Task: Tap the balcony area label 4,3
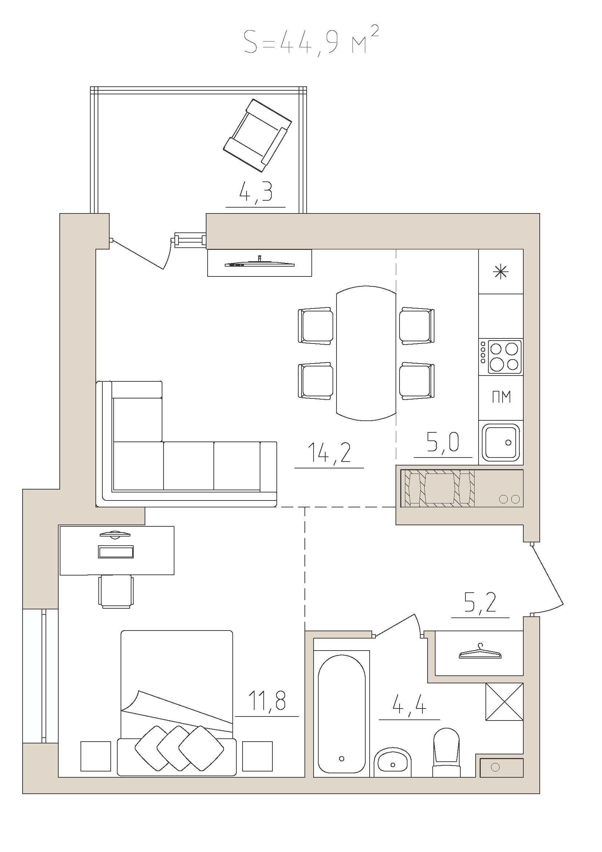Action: coord(256,192)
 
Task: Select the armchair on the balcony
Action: coord(257,135)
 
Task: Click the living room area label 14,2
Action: coord(329,453)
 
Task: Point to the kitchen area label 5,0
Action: coord(443,442)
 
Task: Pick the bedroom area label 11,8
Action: coord(267,700)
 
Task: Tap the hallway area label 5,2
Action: coord(480,602)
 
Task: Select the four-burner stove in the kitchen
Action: coord(501,357)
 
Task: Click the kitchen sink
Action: coord(501,442)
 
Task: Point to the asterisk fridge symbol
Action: coord(501,272)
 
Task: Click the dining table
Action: coord(366,353)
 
